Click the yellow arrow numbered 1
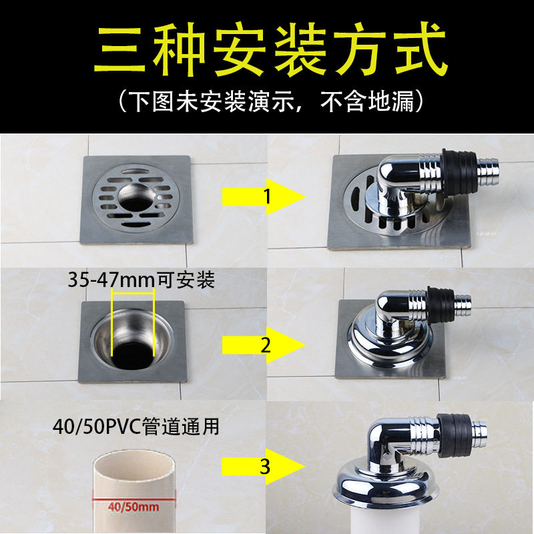click(264, 197)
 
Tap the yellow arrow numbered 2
click(264, 345)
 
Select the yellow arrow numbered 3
click(264, 466)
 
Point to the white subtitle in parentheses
click(271, 101)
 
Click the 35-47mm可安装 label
click(141, 280)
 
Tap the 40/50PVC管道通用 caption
click(136, 426)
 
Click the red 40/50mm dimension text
click(133, 507)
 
